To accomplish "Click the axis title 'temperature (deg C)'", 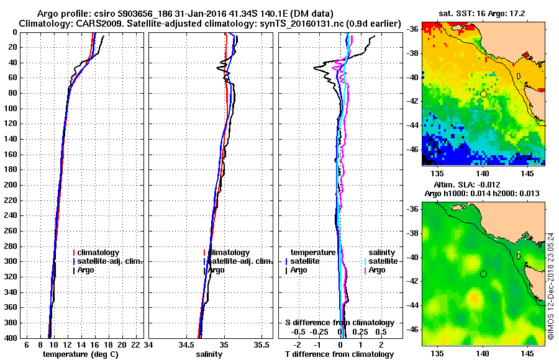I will pos(80,354).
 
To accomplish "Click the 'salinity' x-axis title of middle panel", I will pos(209,354).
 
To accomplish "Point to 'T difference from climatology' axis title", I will pos(339,354).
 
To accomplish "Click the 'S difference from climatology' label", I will pos(339,323).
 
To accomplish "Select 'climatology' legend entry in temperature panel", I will pos(98,253).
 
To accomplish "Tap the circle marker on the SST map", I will pos(483,94).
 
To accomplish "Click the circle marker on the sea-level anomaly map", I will pos(483,274).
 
